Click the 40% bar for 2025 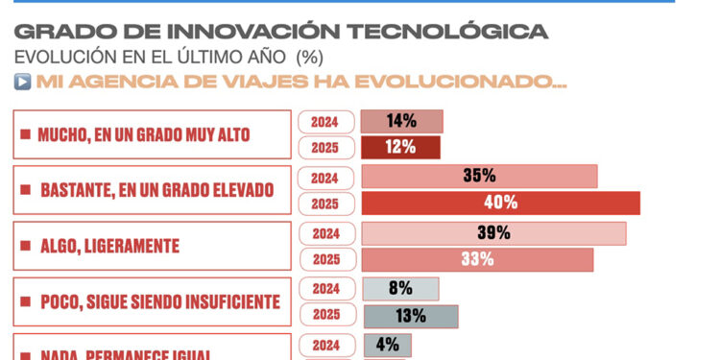[x=499, y=203]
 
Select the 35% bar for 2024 [x=478, y=177]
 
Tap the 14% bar [x=401, y=121]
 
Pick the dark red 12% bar [x=400, y=147]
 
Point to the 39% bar [x=492, y=233]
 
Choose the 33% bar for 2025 [x=476, y=259]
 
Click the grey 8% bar [x=399, y=288]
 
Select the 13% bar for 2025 [x=410, y=316]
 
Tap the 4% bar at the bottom [x=387, y=345]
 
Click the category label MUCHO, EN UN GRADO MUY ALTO [x=143, y=135]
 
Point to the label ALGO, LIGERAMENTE [x=109, y=246]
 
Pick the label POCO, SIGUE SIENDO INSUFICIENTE [x=159, y=302]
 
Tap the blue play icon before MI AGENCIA [x=23, y=82]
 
